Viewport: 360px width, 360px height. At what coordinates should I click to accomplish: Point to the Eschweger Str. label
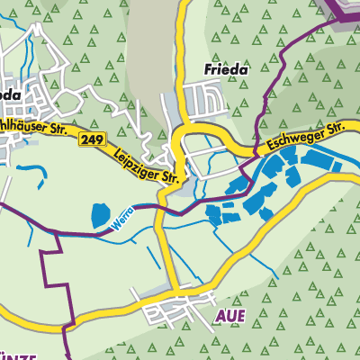(307, 138)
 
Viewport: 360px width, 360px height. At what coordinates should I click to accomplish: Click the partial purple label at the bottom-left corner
(20, 355)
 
